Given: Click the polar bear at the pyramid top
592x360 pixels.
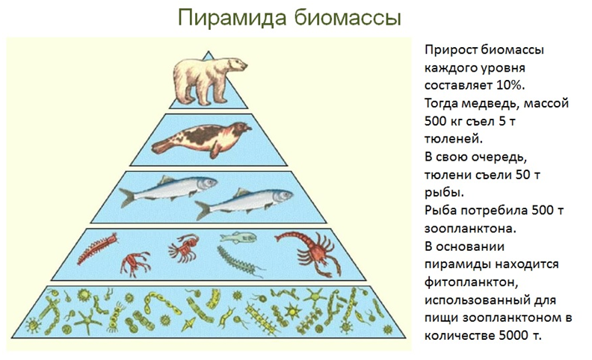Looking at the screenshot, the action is [208, 81].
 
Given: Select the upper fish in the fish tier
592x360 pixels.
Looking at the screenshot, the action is [168, 190].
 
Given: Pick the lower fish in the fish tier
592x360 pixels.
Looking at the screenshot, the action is [244, 204].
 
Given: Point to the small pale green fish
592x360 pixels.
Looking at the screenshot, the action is [238, 238].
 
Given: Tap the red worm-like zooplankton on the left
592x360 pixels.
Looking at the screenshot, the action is [97, 249].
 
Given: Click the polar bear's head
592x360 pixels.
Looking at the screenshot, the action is [236, 65].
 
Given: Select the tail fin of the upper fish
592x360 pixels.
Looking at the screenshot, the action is [127, 197].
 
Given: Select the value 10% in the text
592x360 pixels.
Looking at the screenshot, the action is [511, 85].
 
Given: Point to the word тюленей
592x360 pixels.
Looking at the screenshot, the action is [454, 139].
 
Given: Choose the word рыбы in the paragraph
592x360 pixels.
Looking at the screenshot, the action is [443, 193].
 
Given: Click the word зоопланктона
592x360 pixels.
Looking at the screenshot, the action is [470, 229].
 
